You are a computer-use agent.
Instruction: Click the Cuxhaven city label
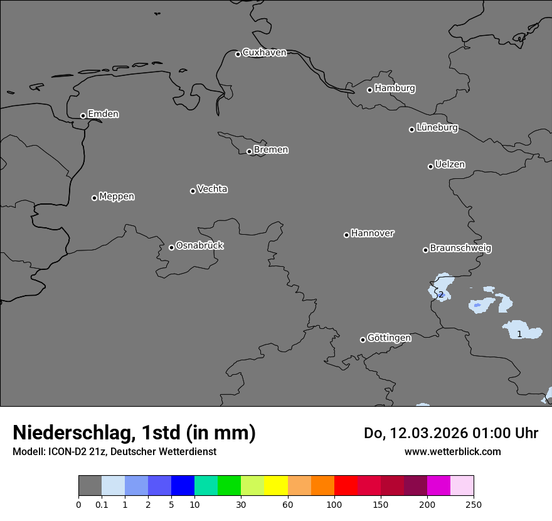[264, 53]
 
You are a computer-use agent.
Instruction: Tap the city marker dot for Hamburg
[369, 90]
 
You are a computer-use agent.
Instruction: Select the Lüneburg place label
[437, 128]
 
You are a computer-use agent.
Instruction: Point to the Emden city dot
[83, 115]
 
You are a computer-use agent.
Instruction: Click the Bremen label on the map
[271, 150]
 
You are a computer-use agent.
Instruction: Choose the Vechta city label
[212, 189]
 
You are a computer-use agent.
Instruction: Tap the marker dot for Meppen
[94, 198]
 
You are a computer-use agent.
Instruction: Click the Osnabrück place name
[199, 245]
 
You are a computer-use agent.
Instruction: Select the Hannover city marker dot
[346, 235]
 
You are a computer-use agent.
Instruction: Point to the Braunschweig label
[460, 249]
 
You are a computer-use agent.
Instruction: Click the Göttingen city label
[389, 338]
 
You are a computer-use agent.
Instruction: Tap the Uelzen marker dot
[430, 166]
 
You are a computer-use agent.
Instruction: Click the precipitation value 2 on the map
[441, 294]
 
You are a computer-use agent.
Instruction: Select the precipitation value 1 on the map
[519, 334]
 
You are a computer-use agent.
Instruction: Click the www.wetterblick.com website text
[452, 451]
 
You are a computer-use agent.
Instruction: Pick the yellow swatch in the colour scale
[276, 486]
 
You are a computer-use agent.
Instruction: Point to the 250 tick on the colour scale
[474, 504]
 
